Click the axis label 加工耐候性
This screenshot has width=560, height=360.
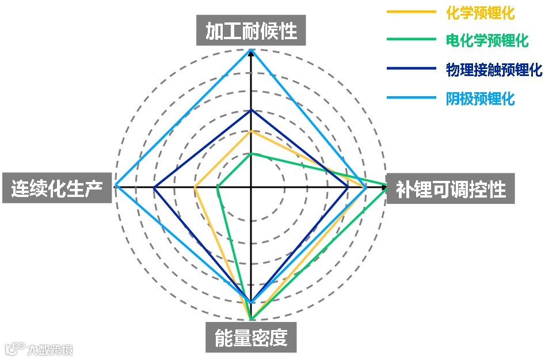(251, 31)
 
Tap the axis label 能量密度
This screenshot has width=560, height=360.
(251, 338)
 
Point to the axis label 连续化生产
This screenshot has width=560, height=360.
(56, 188)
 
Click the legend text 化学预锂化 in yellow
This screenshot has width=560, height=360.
(480, 12)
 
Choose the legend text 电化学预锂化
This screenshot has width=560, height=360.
(487, 40)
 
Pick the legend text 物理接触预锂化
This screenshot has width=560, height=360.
(494, 70)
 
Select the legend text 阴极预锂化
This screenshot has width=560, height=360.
(480, 98)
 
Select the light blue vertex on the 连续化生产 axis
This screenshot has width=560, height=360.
(116, 187)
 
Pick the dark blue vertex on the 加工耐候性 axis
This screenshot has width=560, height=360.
(251, 110)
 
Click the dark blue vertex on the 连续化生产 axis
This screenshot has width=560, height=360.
(154, 187)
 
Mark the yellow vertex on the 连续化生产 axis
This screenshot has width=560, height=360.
(195, 187)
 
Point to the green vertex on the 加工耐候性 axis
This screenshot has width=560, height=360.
(251, 153)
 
